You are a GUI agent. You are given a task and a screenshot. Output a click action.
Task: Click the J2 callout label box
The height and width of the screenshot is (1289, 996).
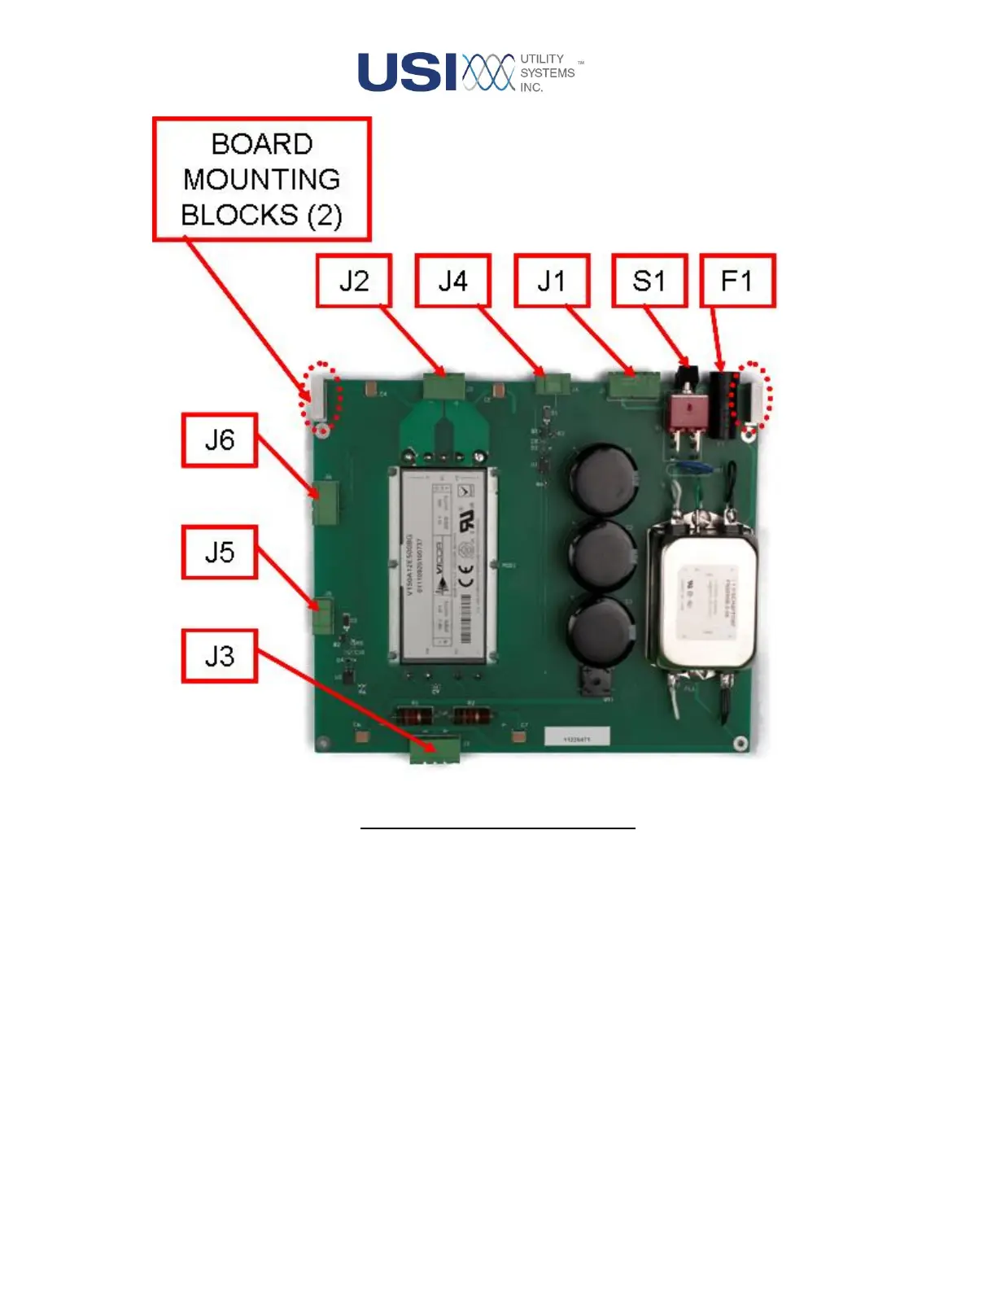coord(354,281)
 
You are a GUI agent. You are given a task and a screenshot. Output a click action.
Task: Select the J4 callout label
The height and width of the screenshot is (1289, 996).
coord(453,281)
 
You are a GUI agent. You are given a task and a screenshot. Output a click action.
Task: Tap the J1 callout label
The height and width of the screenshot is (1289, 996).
coord(552,281)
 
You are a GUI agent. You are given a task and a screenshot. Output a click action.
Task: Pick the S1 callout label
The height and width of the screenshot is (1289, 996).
coord(649,281)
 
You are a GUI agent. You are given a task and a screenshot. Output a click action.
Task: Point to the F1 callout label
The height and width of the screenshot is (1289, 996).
coord(737,281)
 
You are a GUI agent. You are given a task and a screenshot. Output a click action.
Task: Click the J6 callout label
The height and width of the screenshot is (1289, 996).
coord(220,440)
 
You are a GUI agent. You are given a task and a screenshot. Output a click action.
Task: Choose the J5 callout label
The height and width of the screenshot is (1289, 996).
coord(220,553)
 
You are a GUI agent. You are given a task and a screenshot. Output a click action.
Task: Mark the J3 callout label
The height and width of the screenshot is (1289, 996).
coord(220,656)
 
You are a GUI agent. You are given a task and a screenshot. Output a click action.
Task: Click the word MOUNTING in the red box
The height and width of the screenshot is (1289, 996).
coord(261,179)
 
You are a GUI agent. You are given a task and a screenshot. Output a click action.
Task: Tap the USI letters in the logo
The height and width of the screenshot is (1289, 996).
coord(408,72)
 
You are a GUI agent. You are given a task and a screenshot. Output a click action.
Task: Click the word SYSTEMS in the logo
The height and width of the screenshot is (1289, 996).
coord(547,73)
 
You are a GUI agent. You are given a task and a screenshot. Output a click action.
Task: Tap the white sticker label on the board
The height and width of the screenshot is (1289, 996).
coord(577,737)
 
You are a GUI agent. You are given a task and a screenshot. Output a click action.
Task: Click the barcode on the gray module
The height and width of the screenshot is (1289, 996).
coord(465,618)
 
